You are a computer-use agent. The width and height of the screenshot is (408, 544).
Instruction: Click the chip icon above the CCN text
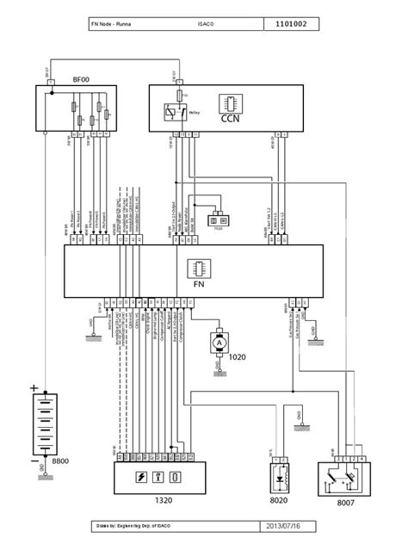pos(231,102)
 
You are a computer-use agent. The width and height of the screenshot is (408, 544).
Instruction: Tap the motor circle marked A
pos(219,342)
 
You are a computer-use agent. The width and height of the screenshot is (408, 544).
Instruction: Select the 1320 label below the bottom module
pos(162,500)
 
